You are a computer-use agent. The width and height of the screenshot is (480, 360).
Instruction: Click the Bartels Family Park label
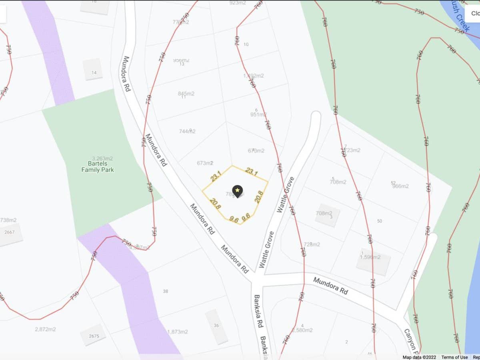pyautogui.click(x=98, y=166)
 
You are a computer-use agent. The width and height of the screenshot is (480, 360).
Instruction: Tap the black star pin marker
pyautogui.click(x=238, y=191)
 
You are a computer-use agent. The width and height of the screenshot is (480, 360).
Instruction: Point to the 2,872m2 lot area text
pyautogui.click(x=45, y=329)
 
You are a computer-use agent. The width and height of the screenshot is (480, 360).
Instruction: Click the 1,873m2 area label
pyautogui.click(x=178, y=332)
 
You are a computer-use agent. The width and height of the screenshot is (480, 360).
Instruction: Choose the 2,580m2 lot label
pyautogui.click(x=302, y=330)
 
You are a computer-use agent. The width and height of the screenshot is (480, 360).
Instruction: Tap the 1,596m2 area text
pyautogui.click(x=370, y=257)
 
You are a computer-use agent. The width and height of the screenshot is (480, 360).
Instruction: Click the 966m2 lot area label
pyautogui.click(x=400, y=186)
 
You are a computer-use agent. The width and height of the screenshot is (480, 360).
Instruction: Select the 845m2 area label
pyautogui.click(x=186, y=94)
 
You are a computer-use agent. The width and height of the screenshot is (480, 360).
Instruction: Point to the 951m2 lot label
pyautogui.click(x=258, y=114)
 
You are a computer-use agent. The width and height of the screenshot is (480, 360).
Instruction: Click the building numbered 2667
pyautogui.click(x=9, y=232)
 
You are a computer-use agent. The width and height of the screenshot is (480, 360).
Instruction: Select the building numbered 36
pyautogui.click(x=216, y=326)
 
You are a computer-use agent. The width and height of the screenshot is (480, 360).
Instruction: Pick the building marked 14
pyautogui.click(x=94, y=72)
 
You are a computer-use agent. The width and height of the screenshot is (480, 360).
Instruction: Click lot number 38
pyautogui.click(x=165, y=291)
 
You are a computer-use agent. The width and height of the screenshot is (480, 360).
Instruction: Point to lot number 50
pyautogui.click(x=380, y=221)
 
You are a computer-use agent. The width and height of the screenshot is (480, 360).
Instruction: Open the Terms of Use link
pyautogui.click(x=454, y=357)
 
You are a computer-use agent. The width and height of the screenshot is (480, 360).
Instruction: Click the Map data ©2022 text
pyautogui.click(x=419, y=357)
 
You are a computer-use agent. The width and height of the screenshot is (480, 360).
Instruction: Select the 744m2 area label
pyautogui.click(x=187, y=131)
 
